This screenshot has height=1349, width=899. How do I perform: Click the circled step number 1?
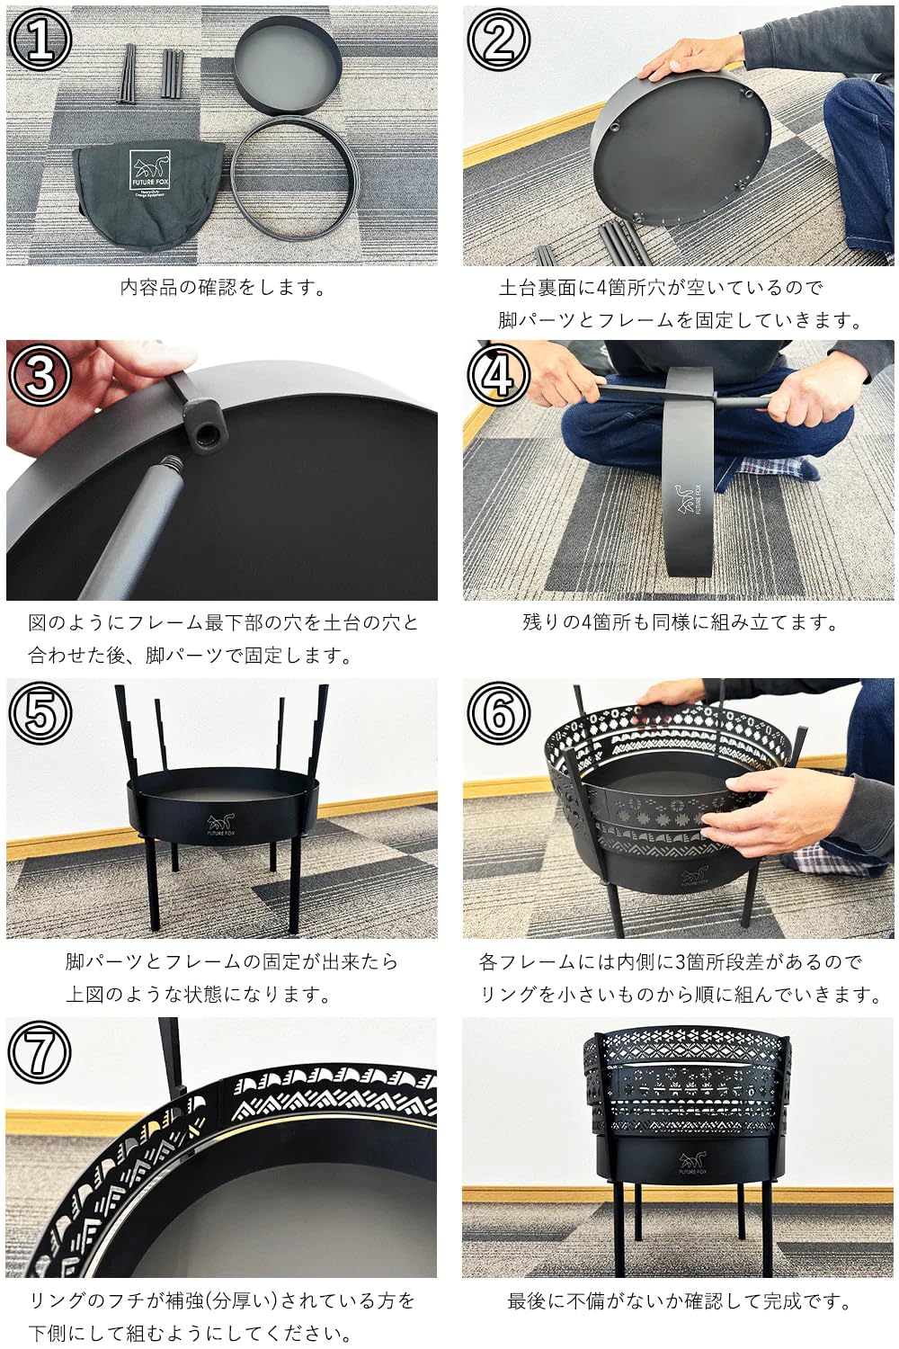40,40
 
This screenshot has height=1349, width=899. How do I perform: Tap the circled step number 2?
498,40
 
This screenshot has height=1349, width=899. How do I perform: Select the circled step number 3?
40,374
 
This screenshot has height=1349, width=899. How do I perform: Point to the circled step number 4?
498,374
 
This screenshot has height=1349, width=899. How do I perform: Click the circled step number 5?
40,712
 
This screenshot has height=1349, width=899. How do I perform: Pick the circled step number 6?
498,712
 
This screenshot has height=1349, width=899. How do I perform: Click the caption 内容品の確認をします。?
222,289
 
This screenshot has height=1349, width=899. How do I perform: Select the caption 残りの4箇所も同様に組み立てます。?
680,622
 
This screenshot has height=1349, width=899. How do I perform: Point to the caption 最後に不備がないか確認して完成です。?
680,1300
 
